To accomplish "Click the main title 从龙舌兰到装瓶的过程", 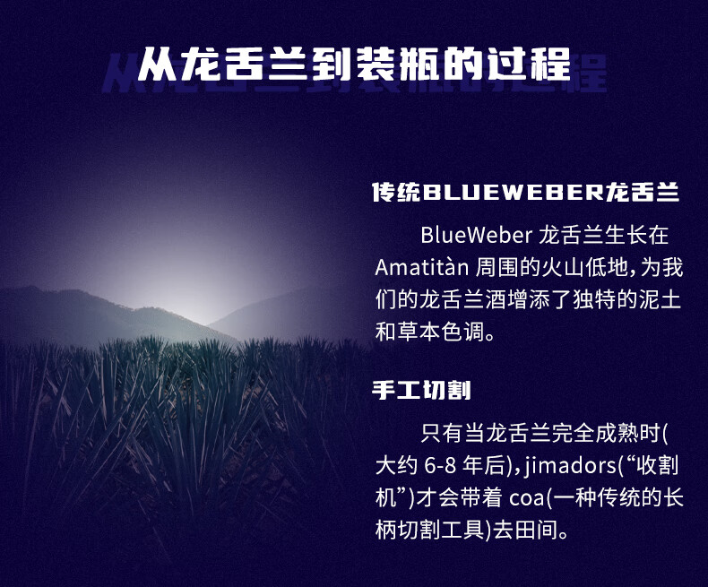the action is pyautogui.click(x=355, y=65).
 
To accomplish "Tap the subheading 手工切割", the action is pyautogui.click(x=421, y=390).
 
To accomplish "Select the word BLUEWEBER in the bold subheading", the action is pyautogui.click(x=512, y=193).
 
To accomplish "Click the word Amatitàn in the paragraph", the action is pyautogui.click(x=422, y=267).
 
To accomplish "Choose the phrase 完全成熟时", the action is pyautogui.click(x=607, y=434).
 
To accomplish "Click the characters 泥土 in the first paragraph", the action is pyautogui.click(x=660, y=300).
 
